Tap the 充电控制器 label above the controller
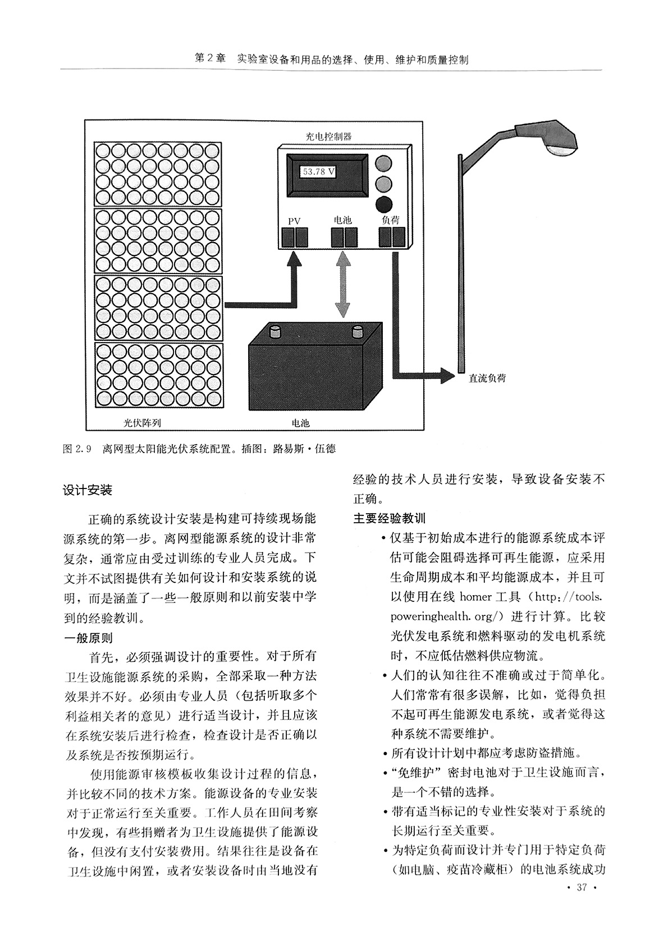329,136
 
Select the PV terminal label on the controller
294,221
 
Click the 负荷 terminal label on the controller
390,220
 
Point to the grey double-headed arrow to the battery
343,285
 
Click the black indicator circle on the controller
383,204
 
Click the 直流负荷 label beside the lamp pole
487,378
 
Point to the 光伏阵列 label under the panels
142,423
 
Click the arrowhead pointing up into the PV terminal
294,259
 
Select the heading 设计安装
88,490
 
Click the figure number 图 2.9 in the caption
77,449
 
